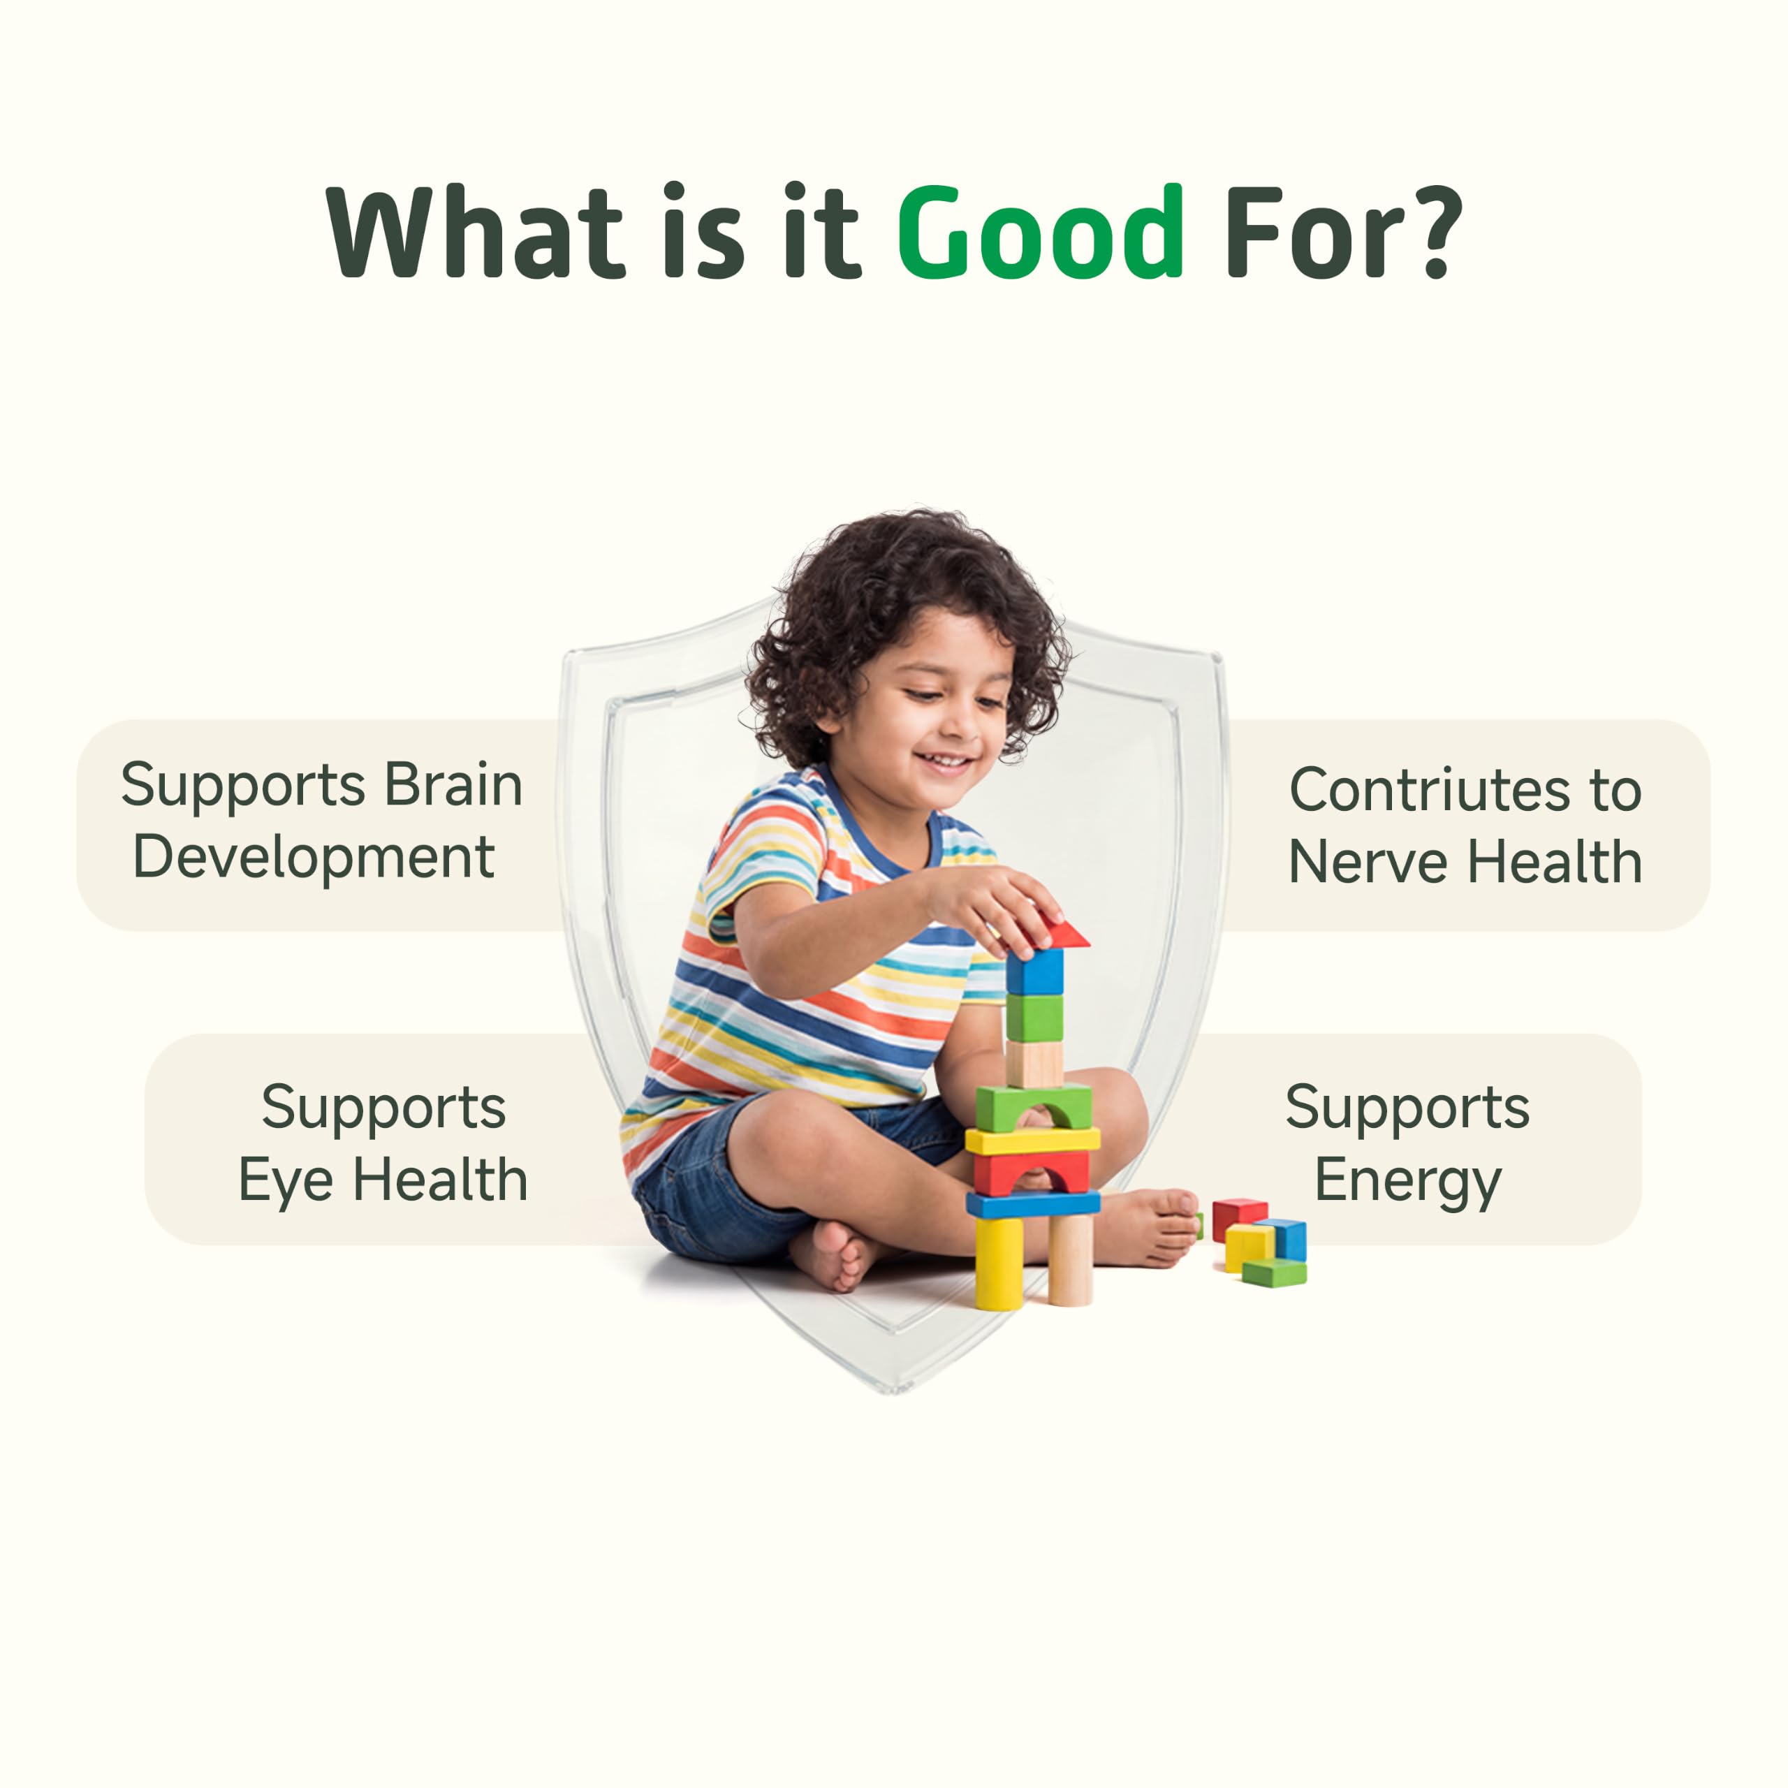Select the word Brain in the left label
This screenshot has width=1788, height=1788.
pyautogui.click(x=453, y=785)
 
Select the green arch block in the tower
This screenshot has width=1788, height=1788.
pyautogui.click(x=1034, y=1107)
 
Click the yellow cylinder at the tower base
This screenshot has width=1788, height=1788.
pyautogui.click(x=999, y=1263)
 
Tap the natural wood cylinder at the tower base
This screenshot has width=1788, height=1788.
pyautogui.click(x=1070, y=1259)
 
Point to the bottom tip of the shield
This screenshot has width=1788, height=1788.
pyautogui.click(x=893, y=1391)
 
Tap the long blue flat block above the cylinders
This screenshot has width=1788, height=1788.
pyautogui.click(x=1033, y=1203)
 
